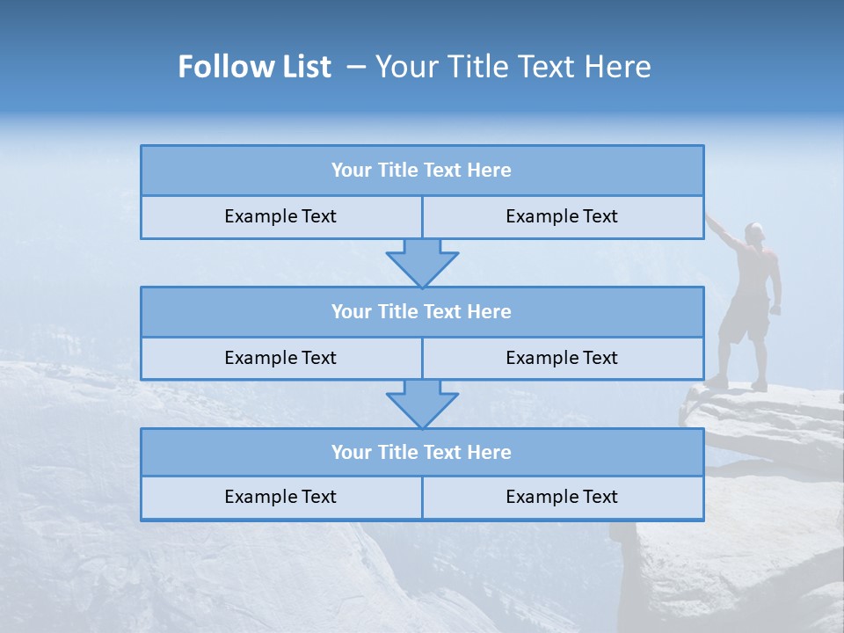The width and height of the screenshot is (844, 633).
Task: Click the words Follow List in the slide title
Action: coord(254,67)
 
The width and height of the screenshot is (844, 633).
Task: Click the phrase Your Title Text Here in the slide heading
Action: coord(513,67)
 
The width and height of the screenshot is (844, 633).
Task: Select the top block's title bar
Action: coord(422,171)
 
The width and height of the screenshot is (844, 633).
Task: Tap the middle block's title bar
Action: coord(422,311)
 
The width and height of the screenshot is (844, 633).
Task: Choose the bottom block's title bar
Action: coord(422,452)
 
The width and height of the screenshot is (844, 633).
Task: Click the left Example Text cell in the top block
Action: coord(280,216)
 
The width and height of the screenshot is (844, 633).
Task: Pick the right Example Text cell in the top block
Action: coord(562,216)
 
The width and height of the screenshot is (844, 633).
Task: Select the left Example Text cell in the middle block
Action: coord(280,358)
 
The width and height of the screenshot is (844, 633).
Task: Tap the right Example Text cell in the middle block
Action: coord(562,358)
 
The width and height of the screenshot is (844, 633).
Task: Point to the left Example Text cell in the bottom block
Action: coord(280,497)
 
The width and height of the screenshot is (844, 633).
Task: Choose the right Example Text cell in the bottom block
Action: coord(562,497)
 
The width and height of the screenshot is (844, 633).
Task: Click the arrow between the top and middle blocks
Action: coord(422,263)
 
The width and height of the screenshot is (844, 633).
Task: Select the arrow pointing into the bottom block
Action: coord(422,404)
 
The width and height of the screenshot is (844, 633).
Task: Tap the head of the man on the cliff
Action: coord(754,233)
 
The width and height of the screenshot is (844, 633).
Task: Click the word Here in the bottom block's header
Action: coord(490,452)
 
